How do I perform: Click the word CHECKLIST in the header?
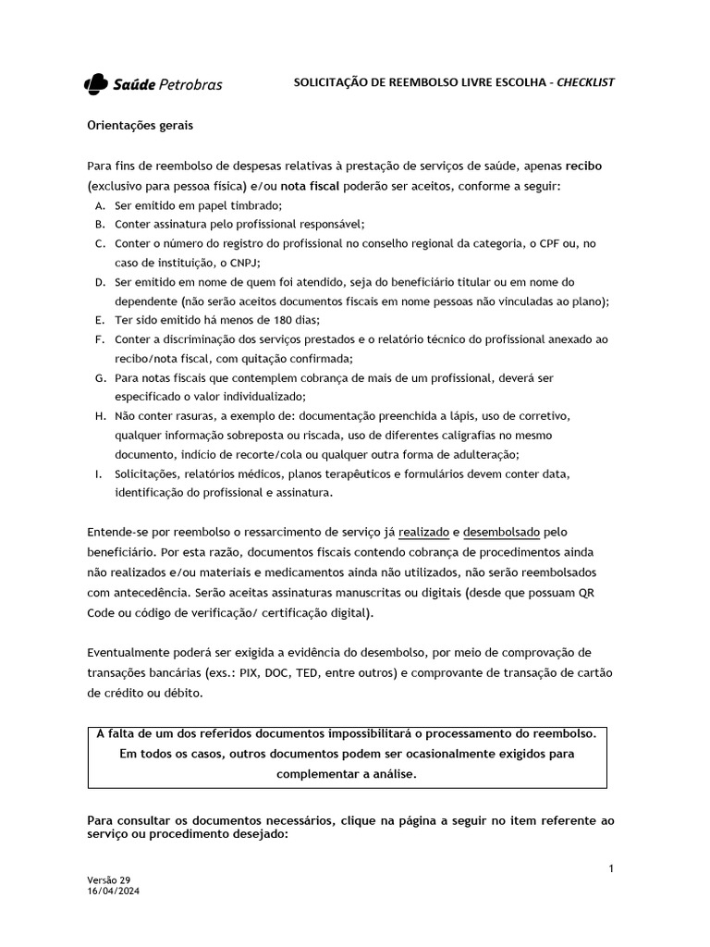585,83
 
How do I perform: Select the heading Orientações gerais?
140,125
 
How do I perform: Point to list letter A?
99,205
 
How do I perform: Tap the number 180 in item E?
263,320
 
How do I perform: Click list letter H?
99,416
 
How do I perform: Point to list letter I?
98,473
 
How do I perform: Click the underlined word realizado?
423,532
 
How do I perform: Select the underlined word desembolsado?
503,532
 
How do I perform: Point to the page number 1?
611,868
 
